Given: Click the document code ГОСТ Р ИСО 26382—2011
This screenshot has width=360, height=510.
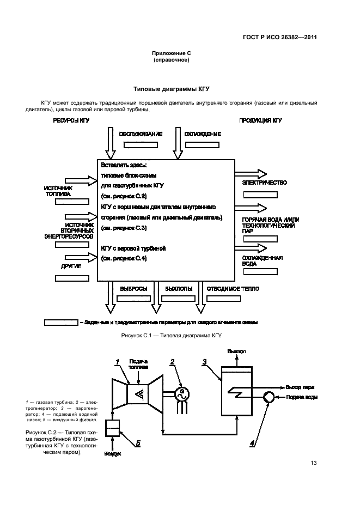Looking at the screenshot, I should (x=280, y=38).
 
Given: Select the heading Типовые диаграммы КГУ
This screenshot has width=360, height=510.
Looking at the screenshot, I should (x=172, y=88).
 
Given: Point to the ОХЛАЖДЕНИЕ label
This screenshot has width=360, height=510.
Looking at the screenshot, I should (x=202, y=134).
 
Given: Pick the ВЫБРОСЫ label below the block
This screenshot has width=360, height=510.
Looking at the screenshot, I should (x=131, y=289).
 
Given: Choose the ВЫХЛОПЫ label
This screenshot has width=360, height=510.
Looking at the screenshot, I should (x=179, y=289).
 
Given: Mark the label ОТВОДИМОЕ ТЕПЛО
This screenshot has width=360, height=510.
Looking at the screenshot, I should (x=232, y=289).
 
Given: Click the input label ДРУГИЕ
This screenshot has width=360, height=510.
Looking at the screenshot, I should (x=71, y=266).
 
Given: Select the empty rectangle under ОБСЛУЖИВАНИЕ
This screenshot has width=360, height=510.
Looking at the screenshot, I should (x=141, y=145).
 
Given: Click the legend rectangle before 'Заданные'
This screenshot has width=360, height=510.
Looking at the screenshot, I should (x=60, y=322).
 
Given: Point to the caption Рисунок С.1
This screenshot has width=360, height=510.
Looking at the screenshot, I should (x=172, y=336).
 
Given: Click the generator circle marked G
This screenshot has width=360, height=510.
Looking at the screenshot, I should (x=183, y=392).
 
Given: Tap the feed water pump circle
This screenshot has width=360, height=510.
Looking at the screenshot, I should (x=269, y=397).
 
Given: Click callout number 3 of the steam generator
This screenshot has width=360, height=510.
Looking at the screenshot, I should (x=205, y=361).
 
